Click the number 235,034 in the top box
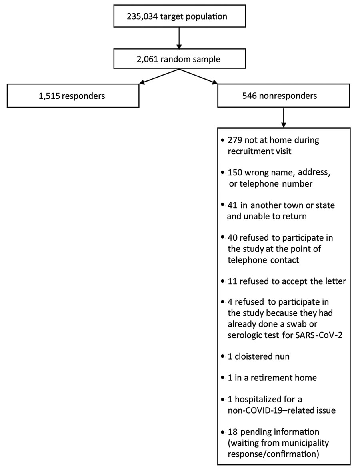(142, 16)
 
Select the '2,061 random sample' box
(180, 59)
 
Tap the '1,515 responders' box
(73, 96)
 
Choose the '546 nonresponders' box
(283, 96)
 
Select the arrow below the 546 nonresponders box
(284, 118)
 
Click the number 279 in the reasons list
(235, 140)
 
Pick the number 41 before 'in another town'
(232, 205)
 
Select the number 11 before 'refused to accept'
(232, 281)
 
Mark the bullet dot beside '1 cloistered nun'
(222, 357)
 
